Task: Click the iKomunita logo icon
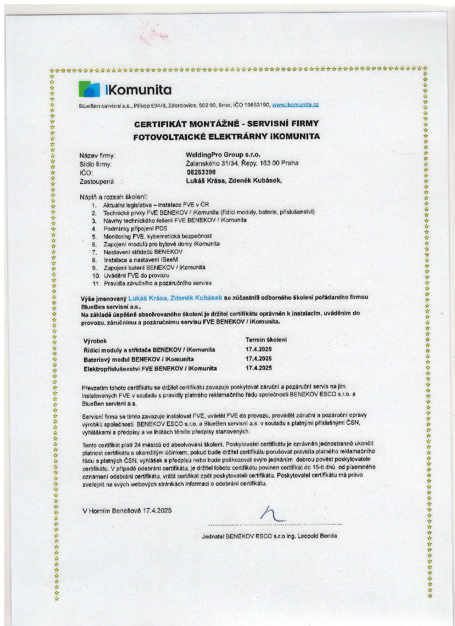pyautogui.click(x=89, y=89)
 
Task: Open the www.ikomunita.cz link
pyautogui.click(x=295, y=105)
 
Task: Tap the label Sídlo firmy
pyautogui.click(x=95, y=164)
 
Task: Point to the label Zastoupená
pyautogui.click(x=96, y=181)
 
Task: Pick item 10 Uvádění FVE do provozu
pyautogui.click(x=136, y=276)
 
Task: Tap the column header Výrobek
pyautogui.click(x=95, y=341)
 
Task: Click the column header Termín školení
pyautogui.click(x=266, y=340)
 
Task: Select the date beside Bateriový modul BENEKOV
pyautogui.click(x=258, y=359)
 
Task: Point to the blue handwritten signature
pyautogui.click(x=271, y=514)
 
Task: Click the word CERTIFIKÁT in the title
pyautogui.click(x=160, y=124)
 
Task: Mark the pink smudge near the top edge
pyautogui.click(x=149, y=37)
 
